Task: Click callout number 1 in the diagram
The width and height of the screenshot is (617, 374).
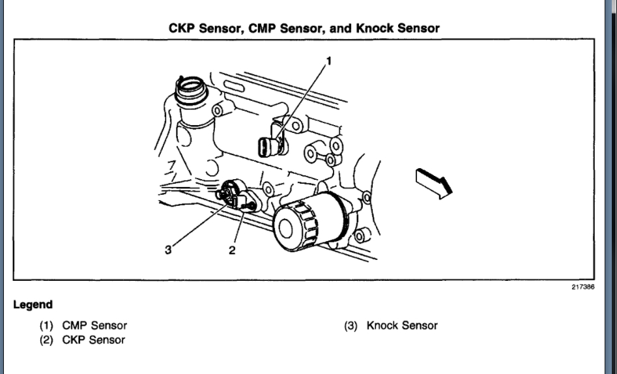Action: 329,61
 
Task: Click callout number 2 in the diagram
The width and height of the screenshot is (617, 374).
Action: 232,250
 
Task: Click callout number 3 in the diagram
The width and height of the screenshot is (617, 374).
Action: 168,250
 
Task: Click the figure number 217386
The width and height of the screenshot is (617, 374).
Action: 583,287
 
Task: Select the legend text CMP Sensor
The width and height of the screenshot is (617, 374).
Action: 94,325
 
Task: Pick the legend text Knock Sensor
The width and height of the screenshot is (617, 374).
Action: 402,325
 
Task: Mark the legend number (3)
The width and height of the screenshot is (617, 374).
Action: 352,325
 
